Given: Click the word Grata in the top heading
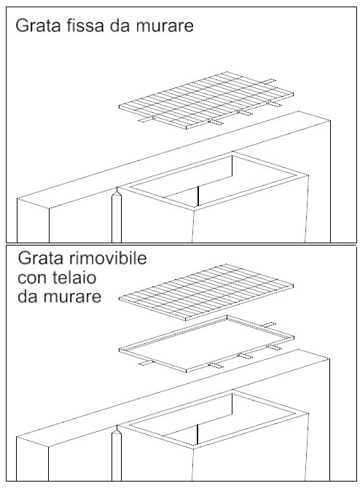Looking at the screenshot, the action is pos(38,25).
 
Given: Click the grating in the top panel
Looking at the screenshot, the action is pos(206,101).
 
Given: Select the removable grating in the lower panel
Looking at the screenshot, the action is pos(206,292).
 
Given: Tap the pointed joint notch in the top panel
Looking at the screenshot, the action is pos(117,192).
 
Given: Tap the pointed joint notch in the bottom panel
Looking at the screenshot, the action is pos(117,429).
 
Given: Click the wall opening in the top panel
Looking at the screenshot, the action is pos(213,181).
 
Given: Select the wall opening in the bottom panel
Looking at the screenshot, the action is pos(213,419).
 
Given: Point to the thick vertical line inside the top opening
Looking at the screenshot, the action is pos(198,197).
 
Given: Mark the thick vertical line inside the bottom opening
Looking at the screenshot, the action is pos(197,434).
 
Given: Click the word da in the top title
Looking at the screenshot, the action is pos(120,25).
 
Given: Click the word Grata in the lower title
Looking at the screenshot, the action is pos(40,258).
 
